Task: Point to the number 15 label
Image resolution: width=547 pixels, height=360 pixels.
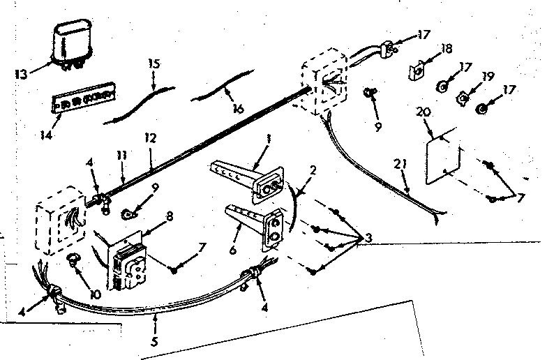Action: tap(154, 63)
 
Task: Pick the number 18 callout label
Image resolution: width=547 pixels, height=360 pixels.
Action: tap(447, 50)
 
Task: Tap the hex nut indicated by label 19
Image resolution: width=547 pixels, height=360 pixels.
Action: tap(463, 97)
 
